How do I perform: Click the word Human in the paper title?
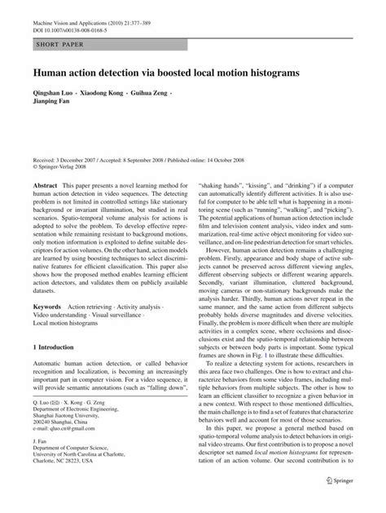click(x=50, y=73)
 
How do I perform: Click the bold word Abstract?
click(x=45, y=186)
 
